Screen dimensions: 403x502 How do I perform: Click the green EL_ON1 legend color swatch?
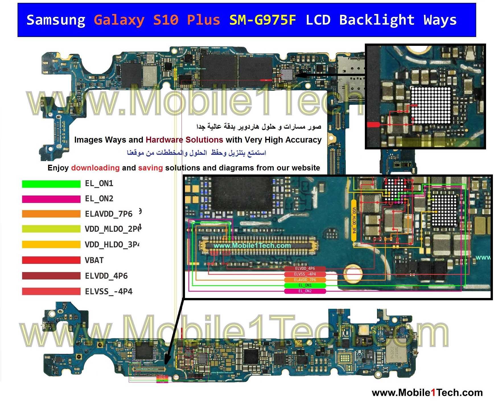click(51, 184)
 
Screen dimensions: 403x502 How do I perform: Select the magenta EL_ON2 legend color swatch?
click(51, 199)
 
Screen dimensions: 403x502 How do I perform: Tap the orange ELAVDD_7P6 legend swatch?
click(51, 214)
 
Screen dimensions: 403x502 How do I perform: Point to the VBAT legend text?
click(94, 260)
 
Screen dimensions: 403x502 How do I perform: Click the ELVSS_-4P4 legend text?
click(109, 291)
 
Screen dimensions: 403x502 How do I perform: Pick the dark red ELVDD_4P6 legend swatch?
click(51, 276)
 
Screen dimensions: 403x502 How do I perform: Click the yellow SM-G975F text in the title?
click(263, 20)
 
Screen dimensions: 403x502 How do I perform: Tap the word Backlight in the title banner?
click(377, 20)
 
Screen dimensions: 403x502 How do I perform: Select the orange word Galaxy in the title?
click(119, 20)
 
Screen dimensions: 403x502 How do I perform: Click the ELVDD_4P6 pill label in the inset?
click(305, 268)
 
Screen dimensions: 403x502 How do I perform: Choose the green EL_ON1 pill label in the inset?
click(305, 285)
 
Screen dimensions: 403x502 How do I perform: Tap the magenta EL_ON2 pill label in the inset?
click(305, 291)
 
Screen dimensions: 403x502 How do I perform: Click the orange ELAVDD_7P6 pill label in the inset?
click(305, 280)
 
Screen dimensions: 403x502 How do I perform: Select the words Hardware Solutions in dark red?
click(184, 140)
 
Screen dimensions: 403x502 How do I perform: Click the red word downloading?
click(95, 168)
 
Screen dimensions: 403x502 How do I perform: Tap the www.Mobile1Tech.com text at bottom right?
click(427, 393)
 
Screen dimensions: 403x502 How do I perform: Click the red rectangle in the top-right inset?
click(373, 124)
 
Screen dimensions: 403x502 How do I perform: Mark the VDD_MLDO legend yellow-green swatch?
click(51, 229)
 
